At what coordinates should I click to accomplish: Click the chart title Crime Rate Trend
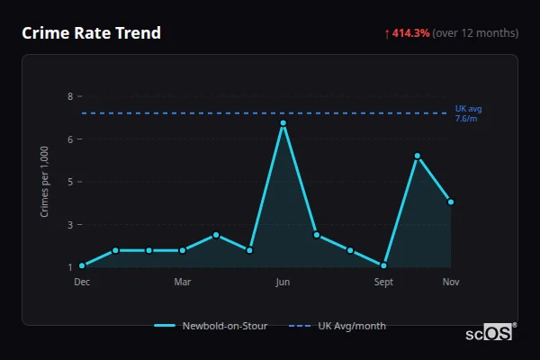pyautogui.click(x=91, y=33)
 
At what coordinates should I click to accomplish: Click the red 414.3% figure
pyautogui.click(x=410, y=33)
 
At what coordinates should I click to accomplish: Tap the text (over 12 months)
pyautogui.click(x=475, y=33)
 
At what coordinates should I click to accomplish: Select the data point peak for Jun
pyautogui.click(x=283, y=122)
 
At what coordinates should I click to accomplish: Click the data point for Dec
pyautogui.click(x=82, y=265)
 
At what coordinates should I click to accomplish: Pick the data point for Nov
pyautogui.click(x=451, y=202)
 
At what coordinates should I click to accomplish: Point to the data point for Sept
pyautogui.click(x=383, y=265)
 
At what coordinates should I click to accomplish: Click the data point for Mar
pyautogui.click(x=183, y=250)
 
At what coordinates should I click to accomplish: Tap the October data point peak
pyautogui.click(x=418, y=156)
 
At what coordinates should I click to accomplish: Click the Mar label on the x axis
pyautogui.click(x=183, y=282)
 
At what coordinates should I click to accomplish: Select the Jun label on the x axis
pyautogui.click(x=283, y=282)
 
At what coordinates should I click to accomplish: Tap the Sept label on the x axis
pyautogui.click(x=383, y=282)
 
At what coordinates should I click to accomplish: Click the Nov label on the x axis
pyautogui.click(x=451, y=282)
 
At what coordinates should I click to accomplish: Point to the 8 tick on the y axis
pyautogui.click(x=70, y=96)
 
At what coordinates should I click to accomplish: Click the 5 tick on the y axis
pyautogui.click(x=70, y=182)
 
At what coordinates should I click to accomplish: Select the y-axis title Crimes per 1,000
pyautogui.click(x=45, y=181)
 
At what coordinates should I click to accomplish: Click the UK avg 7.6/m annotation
pyautogui.click(x=468, y=113)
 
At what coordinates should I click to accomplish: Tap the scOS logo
pyautogui.click(x=489, y=333)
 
